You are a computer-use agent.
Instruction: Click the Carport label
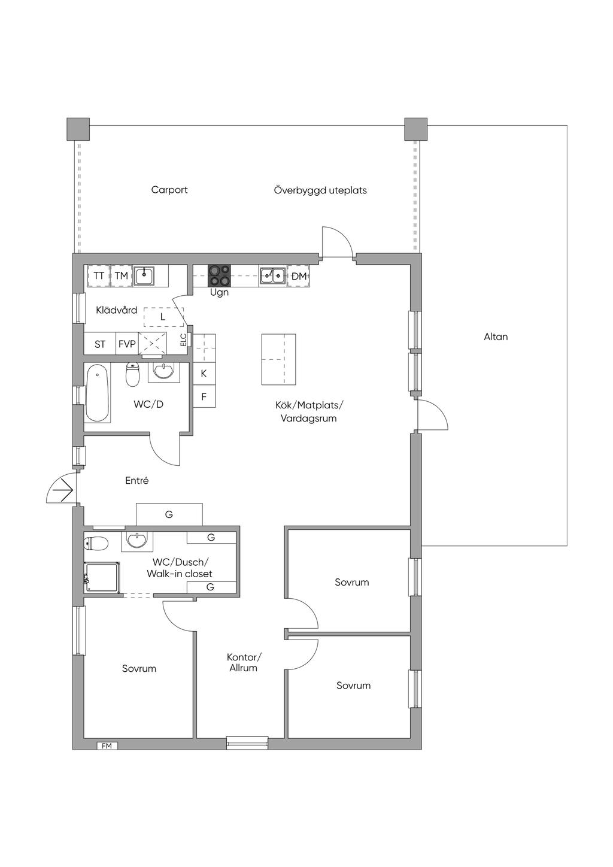point(169,190)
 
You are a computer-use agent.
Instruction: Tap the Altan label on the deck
point(495,337)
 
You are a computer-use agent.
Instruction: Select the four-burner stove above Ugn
point(220,276)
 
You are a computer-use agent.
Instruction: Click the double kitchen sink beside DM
point(272,276)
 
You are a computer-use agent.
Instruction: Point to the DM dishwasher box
point(298,276)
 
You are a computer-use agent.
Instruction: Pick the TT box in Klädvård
point(99,276)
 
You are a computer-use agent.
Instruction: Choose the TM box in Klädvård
point(122,276)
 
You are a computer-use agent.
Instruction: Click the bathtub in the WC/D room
point(97,392)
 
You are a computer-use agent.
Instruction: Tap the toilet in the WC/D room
point(132,374)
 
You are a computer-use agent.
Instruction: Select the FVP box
point(127,343)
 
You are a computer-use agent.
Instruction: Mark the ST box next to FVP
point(100,343)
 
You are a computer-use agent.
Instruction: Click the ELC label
point(183,340)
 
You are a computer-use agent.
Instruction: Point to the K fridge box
point(204,374)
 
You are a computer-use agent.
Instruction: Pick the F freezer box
point(204,396)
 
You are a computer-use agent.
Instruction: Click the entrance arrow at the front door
point(63,490)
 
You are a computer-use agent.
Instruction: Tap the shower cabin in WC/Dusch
point(102,577)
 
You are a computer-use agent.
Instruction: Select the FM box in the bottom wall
point(107,746)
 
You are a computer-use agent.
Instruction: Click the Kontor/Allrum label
point(244,662)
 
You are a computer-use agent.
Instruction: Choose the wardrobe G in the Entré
point(169,514)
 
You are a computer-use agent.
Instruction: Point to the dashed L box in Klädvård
point(163,317)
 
